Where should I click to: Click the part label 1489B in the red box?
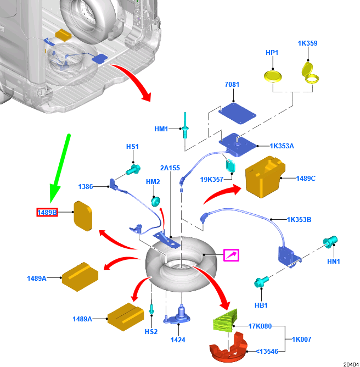pos(47,212)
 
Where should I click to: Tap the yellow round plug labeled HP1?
pos(272,75)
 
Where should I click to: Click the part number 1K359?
pos(307,43)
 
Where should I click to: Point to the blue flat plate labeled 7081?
pos(238,113)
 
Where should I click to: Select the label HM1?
pos(161,129)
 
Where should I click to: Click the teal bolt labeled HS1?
pos(133,170)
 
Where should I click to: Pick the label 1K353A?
pos(282,146)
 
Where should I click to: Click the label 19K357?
pos(212,179)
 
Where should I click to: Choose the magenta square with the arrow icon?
pos(231,255)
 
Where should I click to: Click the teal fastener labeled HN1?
pos(331,242)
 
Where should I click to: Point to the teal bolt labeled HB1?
pos(261,283)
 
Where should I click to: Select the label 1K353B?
pos(299,219)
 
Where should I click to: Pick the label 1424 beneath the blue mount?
pos(178,340)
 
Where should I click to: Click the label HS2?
pos(151,331)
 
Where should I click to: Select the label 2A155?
pos(170,168)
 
